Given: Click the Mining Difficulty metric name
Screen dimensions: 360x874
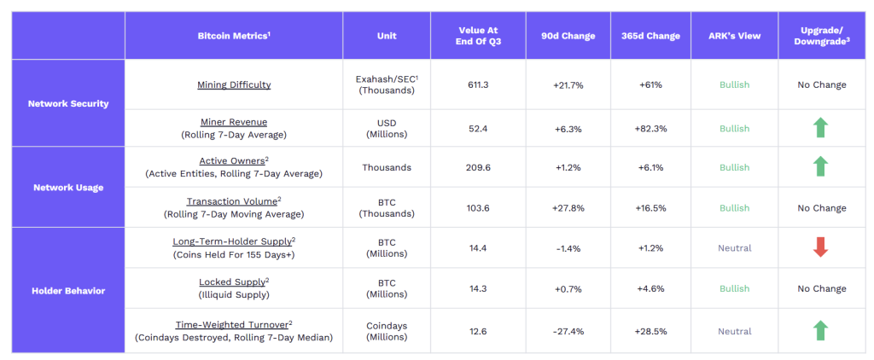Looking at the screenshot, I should pos(234,84).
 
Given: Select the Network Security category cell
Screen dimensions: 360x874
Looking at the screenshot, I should pos(68,103).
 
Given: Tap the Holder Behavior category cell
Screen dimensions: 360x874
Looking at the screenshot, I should pos(68,290).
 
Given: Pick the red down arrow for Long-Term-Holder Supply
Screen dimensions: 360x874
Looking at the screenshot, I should pos(820,248).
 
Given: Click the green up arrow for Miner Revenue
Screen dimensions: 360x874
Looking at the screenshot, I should pos(820,128).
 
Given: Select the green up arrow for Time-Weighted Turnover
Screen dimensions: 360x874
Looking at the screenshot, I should pos(820,331).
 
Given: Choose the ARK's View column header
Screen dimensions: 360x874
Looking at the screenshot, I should pos(734,36).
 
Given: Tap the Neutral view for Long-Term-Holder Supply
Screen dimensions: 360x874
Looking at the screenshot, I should pos(734,248).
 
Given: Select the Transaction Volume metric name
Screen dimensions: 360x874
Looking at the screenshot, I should pos(235,201).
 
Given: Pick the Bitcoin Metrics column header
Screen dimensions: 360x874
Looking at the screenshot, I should pos(234,36).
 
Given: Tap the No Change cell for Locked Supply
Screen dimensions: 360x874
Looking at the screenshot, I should pos(820,288).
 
